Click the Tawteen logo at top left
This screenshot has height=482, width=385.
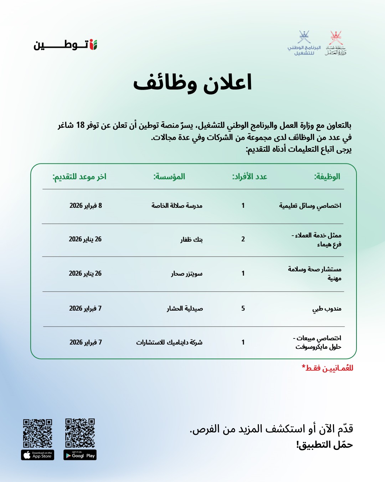[x=66, y=45]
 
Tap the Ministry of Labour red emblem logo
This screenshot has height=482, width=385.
[x=335, y=43]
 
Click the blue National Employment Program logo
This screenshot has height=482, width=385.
[x=304, y=43]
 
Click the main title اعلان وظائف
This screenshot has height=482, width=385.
[x=192, y=83]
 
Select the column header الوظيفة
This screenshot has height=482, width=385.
[x=327, y=176]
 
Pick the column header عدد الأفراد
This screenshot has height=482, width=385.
[x=250, y=176]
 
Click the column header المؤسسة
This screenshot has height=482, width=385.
[x=169, y=176]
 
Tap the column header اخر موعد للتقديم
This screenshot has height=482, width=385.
[x=79, y=176]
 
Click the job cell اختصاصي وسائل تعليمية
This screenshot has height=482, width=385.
[x=310, y=206]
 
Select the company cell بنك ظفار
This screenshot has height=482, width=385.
[x=191, y=239]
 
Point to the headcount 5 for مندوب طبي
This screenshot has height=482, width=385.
[x=243, y=308]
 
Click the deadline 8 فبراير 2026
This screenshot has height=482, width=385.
[x=86, y=206]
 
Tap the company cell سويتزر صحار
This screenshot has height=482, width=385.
[x=186, y=273]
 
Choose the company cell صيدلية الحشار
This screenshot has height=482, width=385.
[x=185, y=308]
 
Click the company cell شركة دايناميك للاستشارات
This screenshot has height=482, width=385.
[x=169, y=342]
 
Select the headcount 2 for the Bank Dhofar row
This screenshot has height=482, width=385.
[x=243, y=239]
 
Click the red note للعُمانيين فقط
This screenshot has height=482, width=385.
[x=327, y=368]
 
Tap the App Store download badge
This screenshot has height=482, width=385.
[x=37, y=455]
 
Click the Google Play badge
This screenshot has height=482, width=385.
[x=80, y=455]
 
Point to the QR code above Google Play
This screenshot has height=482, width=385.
[x=80, y=433]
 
